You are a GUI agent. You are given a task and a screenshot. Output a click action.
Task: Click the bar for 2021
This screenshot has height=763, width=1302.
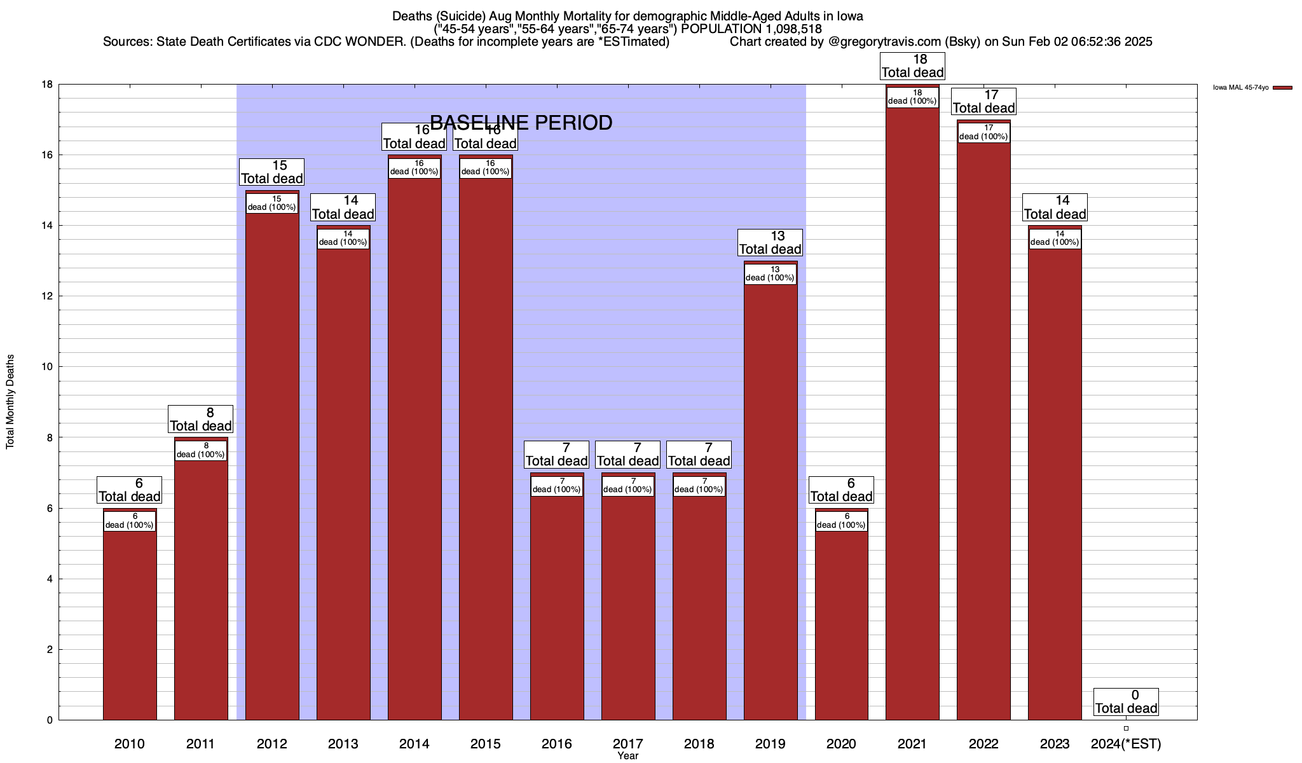point(912,413)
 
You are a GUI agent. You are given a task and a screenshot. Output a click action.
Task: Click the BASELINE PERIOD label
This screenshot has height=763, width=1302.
point(521,123)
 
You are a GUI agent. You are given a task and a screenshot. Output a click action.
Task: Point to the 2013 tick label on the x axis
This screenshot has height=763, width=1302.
point(343,744)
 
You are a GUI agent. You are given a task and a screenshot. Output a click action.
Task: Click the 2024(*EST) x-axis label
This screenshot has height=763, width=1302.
point(1126,744)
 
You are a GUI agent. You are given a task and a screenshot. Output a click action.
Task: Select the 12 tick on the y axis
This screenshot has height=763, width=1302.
point(48,296)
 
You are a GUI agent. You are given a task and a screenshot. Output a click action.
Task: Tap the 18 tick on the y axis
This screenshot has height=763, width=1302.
point(48,85)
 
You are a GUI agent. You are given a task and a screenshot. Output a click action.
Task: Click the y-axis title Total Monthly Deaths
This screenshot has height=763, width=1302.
point(10,402)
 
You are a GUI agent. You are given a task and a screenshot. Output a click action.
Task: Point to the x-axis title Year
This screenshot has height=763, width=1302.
point(628,756)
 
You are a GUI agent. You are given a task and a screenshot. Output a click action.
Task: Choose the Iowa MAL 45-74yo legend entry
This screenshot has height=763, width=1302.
point(1252,88)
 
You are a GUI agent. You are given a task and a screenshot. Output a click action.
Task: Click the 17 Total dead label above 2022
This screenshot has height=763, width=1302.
point(983,102)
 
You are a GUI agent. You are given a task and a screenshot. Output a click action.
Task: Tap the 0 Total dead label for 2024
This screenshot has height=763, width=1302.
point(1126,702)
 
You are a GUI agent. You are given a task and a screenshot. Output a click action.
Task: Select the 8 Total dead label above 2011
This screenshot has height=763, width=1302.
point(201,420)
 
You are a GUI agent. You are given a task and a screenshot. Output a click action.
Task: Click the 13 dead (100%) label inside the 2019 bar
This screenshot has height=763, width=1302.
point(770,274)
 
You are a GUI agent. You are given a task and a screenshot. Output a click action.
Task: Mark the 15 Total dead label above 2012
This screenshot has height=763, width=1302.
point(272,172)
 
